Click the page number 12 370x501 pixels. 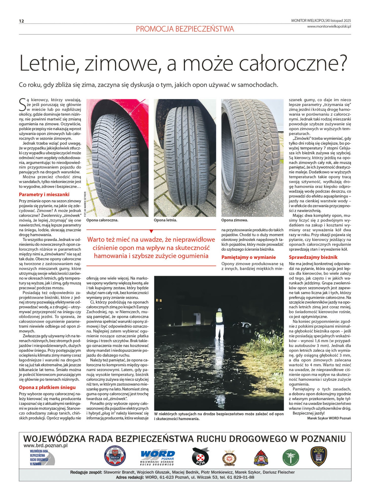pos(21,21)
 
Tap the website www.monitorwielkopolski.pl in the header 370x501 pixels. pos(329,26)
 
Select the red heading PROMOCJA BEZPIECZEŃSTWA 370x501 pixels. pos(185,29)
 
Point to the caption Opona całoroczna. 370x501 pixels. pos(102,220)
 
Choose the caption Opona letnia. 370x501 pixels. pos(165,220)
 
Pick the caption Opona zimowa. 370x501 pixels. pos(235,220)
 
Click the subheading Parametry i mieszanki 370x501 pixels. pos(44,194)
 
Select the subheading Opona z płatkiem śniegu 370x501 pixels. pos(47,387)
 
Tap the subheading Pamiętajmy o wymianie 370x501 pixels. pos(248,257)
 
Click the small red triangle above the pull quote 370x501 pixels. pos(151,231)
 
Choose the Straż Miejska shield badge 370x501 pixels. pos(318,456)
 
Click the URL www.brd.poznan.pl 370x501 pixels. pos(45,445)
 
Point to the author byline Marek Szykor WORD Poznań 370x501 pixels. pos(329,418)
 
